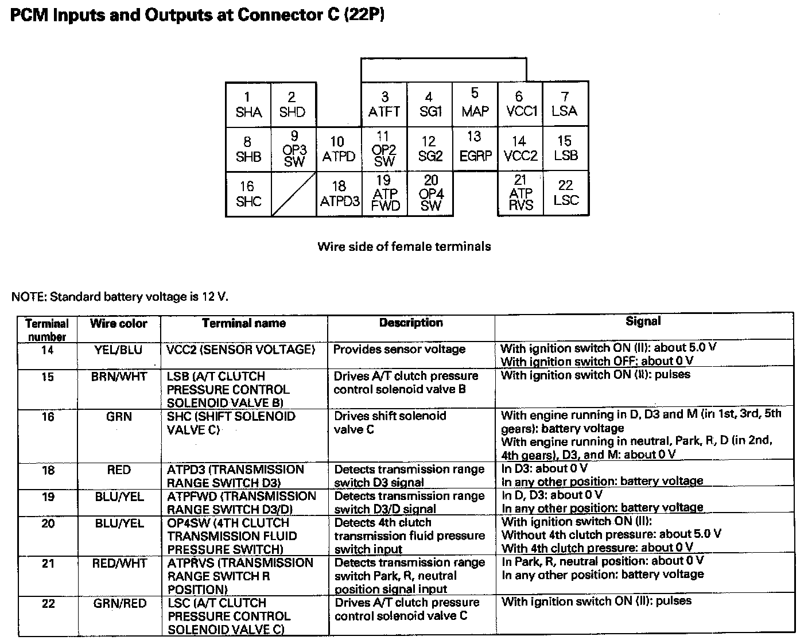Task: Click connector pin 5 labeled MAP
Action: pyautogui.click(x=475, y=103)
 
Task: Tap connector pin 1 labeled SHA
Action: pyautogui.click(x=248, y=104)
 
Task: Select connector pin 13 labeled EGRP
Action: pyautogui.click(x=475, y=147)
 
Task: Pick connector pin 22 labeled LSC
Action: pyautogui.click(x=566, y=193)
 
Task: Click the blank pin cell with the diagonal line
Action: pyautogui.click(x=293, y=194)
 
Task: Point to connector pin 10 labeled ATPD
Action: pyautogui.click(x=339, y=149)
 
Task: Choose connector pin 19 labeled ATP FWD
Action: pyautogui.click(x=384, y=193)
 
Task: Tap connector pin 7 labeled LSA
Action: pyautogui.click(x=565, y=104)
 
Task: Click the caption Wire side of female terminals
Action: pyautogui.click(x=404, y=247)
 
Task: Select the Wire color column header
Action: pyautogui.click(x=119, y=324)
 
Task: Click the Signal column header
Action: pyautogui.click(x=643, y=322)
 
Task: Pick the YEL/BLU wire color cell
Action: pyautogui.click(x=119, y=350)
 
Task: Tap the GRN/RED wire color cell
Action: pyautogui.click(x=119, y=603)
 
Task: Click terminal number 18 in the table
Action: pyautogui.click(x=48, y=470)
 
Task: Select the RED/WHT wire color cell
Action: pyautogui.click(x=119, y=564)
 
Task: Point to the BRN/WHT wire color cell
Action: pyautogui.click(x=119, y=377)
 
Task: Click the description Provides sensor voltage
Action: pyautogui.click(x=399, y=349)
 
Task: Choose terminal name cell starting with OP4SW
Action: pyautogui.click(x=232, y=536)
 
